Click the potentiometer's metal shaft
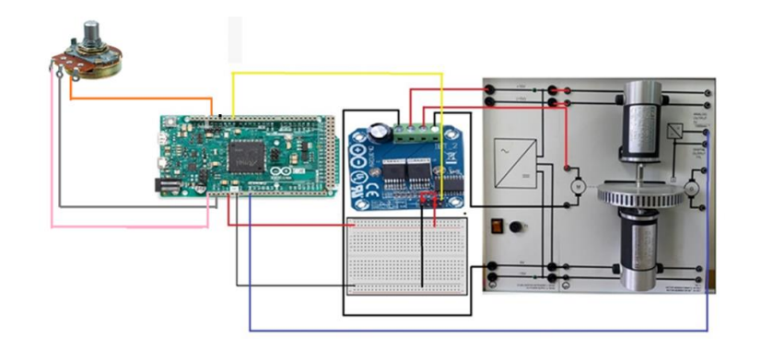(91, 35)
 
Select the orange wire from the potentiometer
(138, 98)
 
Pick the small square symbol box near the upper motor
(677, 130)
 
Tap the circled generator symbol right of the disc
(693, 189)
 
